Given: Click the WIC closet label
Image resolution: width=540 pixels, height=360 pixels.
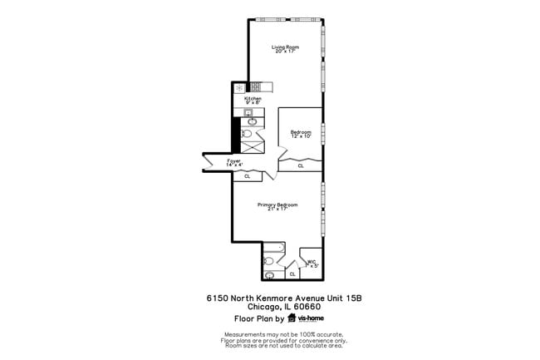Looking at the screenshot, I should (x=311, y=263).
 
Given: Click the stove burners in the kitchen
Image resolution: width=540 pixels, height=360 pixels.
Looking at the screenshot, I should (x=256, y=86).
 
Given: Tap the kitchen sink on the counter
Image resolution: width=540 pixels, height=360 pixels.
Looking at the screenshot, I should (x=252, y=120).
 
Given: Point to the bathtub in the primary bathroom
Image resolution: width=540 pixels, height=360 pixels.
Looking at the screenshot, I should (x=273, y=249).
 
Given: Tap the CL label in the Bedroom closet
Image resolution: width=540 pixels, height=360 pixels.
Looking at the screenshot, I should (x=301, y=165).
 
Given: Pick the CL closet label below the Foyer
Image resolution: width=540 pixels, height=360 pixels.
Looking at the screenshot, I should (x=248, y=176).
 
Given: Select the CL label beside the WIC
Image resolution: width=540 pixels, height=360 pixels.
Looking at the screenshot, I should (x=292, y=274).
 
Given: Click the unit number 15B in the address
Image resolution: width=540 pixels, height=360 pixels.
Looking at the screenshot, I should (x=355, y=298).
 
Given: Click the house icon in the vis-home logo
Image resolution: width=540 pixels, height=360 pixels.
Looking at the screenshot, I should (x=292, y=318).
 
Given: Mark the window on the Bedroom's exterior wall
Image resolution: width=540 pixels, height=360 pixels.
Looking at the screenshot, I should (x=322, y=133).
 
